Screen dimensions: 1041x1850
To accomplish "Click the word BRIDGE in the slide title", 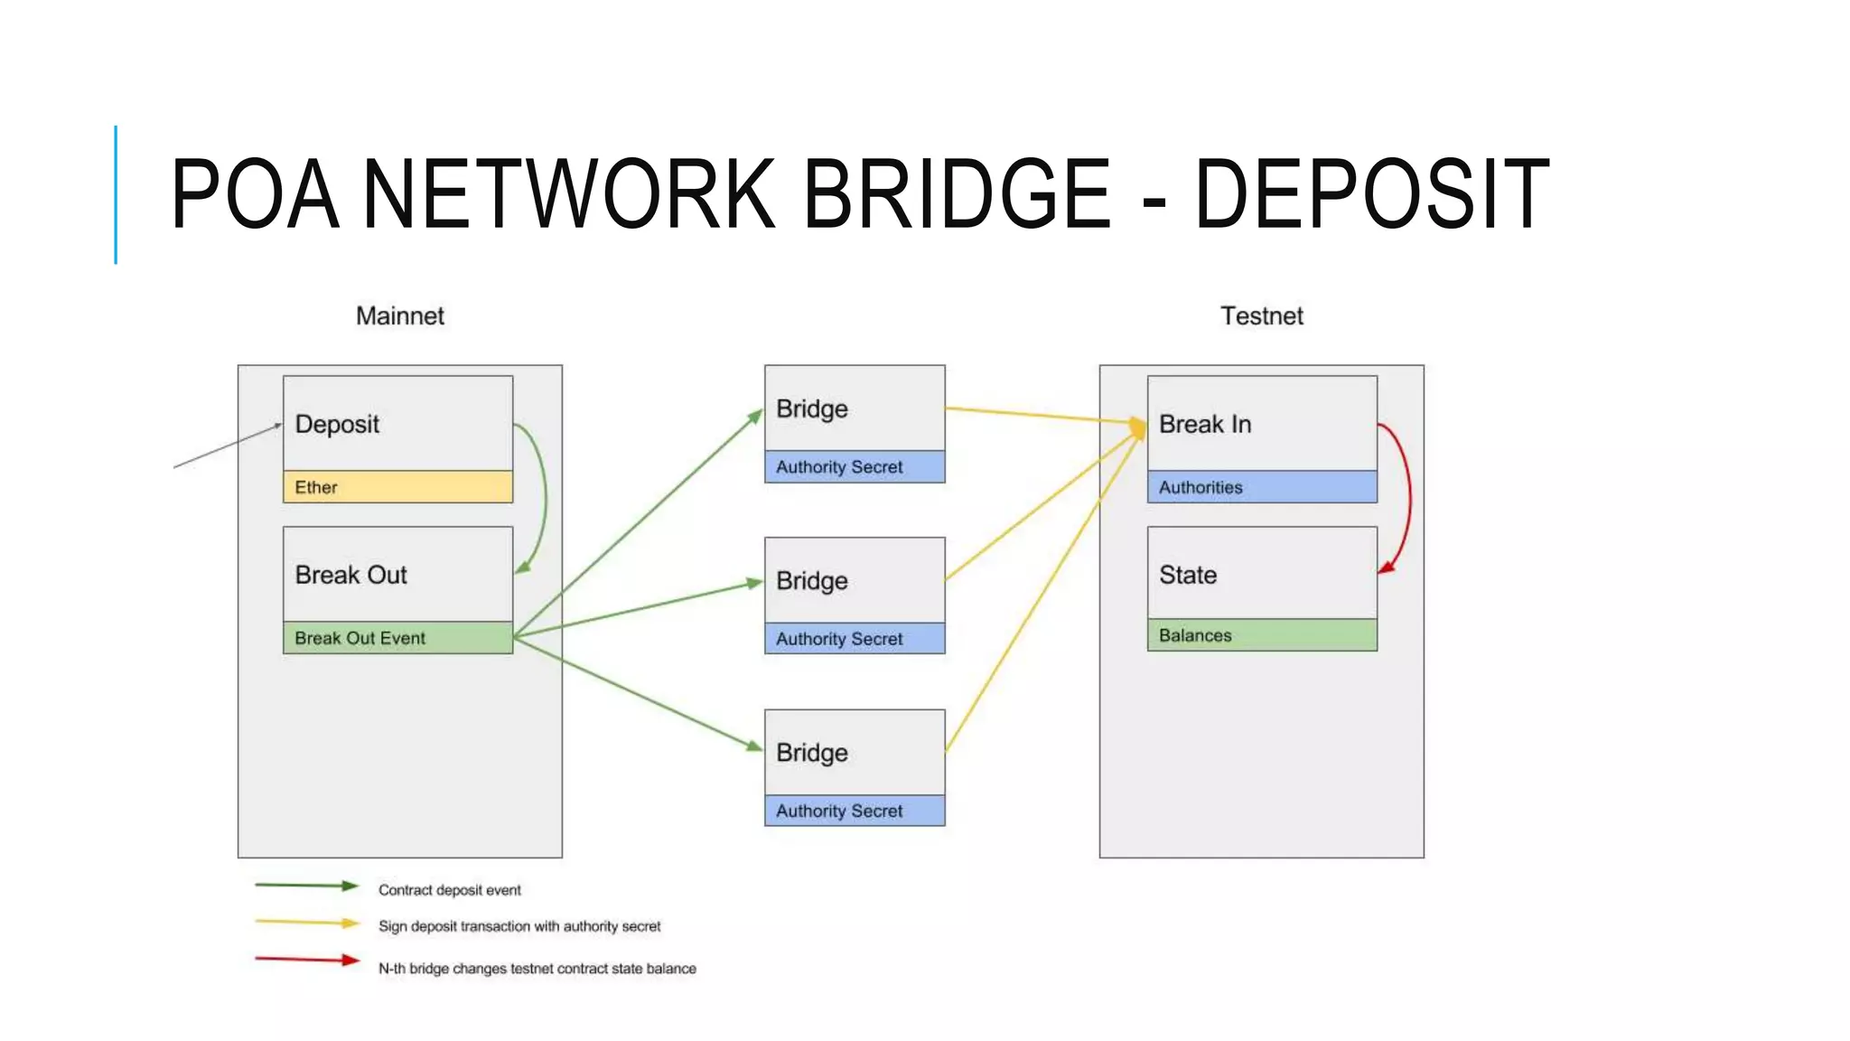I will click(x=956, y=194).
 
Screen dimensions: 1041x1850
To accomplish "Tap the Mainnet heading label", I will click(x=399, y=316).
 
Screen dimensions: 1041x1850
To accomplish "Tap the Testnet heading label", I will click(x=1261, y=316).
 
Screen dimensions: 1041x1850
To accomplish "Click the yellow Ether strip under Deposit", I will click(x=397, y=487).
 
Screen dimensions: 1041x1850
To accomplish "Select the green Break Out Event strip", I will click(x=397, y=638).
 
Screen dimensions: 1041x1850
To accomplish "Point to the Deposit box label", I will click(x=337, y=424).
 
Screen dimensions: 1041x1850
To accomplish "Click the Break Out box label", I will click(x=350, y=575).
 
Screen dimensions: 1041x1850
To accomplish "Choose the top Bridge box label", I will click(x=811, y=408).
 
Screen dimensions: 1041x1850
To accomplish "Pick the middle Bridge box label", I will click(x=811, y=580).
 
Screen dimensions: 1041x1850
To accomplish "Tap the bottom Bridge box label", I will click(x=811, y=753).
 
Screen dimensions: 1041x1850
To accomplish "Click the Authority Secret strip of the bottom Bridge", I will click(x=855, y=811).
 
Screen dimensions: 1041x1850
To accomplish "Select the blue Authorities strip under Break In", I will click(x=1262, y=487).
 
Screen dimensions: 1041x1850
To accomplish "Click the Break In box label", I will click(x=1205, y=424).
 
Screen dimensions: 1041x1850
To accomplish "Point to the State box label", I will click(x=1188, y=575).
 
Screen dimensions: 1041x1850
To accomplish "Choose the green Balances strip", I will click(x=1262, y=635).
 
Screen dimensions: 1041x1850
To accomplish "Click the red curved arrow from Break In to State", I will click(x=1408, y=497).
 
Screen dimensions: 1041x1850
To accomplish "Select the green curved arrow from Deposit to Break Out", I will click(x=545, y=497).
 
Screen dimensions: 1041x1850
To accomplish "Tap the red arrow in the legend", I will click(x=307, y=960).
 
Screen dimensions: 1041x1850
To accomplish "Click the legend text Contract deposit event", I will click(x=449, y=890).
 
